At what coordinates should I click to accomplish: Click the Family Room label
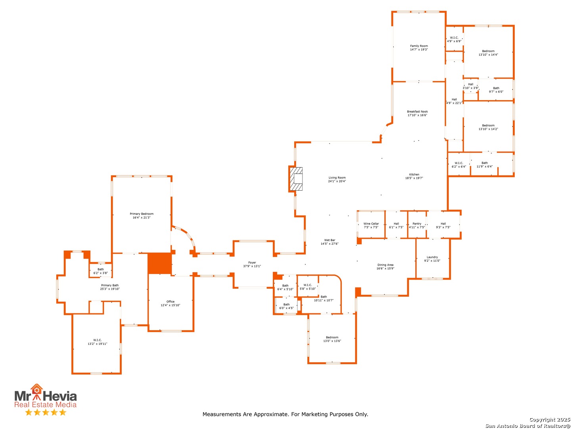click(419, 48)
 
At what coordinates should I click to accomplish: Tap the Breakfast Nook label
click(417, 113)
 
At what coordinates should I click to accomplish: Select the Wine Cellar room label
click(371, 225)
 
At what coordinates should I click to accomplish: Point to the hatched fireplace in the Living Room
click(296, 179)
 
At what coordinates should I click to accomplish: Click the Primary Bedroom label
click(142, 215)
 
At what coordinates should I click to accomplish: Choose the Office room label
click(171, 303)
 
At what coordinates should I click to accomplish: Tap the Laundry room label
click(432, 259)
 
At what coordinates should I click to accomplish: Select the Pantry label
click(416, 225)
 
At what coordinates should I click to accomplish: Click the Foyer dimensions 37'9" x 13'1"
click(252, 266)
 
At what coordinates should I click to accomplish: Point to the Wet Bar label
click(330, 242)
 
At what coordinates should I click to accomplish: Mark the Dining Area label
click(385, 267)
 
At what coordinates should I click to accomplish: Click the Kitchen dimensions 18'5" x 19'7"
click(414, 178)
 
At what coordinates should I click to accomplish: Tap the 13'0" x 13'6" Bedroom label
click(332, 339)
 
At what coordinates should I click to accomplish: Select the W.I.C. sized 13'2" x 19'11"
click(97, 342)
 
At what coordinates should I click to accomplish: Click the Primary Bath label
click(110, 287)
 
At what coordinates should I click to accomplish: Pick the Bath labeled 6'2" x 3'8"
click(100, 271)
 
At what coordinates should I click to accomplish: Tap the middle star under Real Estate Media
click(46, 412)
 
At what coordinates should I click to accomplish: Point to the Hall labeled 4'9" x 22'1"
click(454, 101)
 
